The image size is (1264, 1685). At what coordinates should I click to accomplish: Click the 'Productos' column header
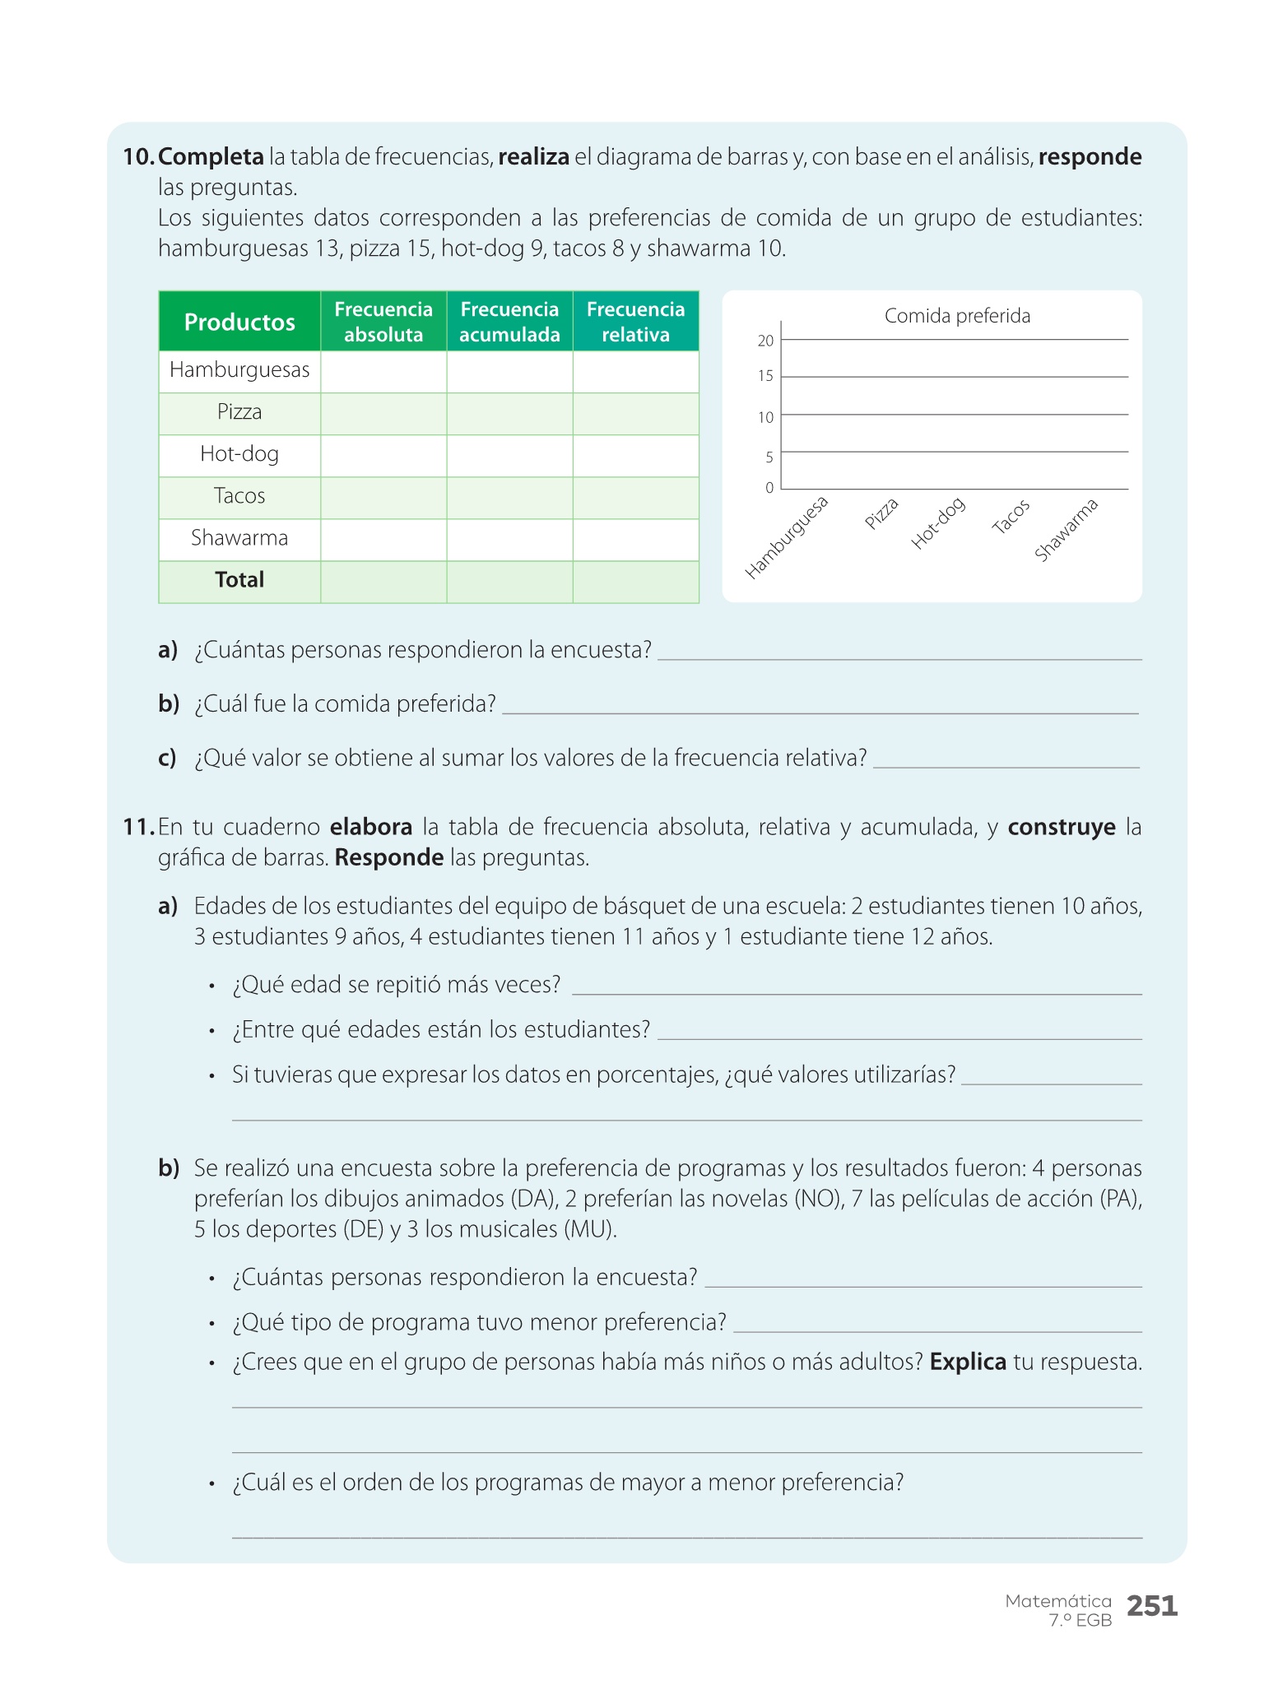239,322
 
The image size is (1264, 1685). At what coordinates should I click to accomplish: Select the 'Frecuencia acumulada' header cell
509,322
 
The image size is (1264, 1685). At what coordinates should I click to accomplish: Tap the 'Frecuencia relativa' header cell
635,322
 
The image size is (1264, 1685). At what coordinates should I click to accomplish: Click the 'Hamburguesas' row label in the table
239,370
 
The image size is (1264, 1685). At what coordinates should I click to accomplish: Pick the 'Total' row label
239,580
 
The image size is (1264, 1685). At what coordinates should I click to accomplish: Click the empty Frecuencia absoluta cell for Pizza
383,413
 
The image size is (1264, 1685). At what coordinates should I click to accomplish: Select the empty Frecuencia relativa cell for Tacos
635,497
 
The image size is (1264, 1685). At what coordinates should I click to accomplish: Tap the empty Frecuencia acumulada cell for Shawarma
509,539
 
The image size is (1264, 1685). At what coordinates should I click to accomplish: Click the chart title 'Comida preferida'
957,316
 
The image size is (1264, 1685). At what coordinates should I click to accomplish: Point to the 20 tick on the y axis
765,341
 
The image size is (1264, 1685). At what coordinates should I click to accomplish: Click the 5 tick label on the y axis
769,457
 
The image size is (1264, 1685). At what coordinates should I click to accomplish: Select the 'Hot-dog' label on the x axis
938,523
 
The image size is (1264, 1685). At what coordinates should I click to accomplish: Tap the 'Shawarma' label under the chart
1066,530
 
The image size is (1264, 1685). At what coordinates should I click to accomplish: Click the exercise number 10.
138,157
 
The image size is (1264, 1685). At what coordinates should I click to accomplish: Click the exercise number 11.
138,827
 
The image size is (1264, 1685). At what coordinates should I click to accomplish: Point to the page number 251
1152,1605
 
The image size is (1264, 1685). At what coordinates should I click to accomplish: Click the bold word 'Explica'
968,1362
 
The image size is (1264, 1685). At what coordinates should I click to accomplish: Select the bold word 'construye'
1062,827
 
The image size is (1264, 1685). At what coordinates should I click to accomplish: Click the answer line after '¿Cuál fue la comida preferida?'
820,711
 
